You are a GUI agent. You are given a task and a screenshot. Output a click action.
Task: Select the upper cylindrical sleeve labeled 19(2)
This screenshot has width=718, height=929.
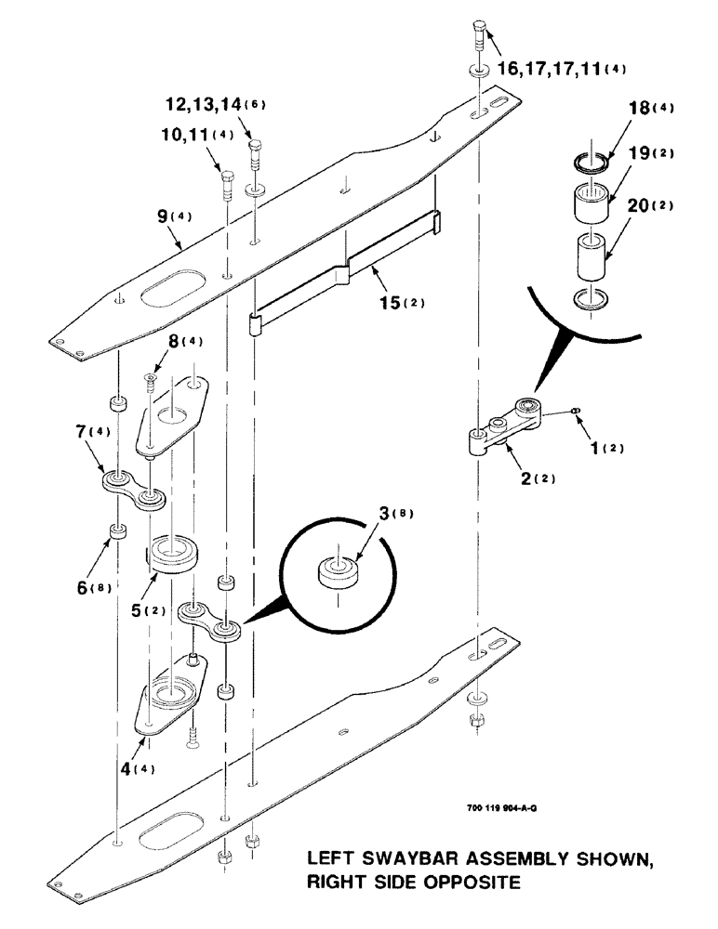pos(589,204)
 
